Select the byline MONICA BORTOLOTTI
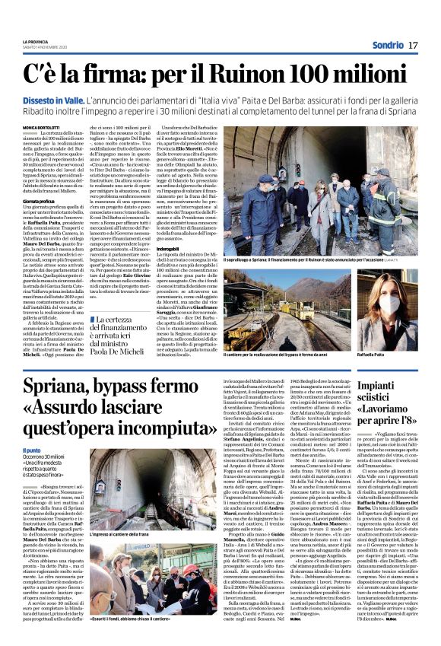[43, 127]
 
